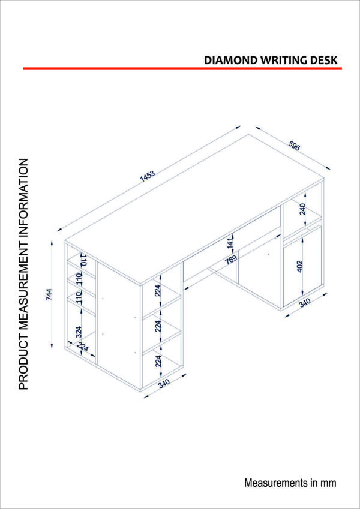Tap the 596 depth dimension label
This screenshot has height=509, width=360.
[293, 146]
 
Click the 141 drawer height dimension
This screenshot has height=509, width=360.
[230, 244]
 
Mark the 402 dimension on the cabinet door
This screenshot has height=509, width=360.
[299, 266]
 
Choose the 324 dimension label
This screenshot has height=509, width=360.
[78, 332]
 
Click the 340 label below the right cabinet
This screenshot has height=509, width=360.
[305, 303]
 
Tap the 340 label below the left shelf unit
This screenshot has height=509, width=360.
[164, 384]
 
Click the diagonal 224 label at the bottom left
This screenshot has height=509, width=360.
[83, 347]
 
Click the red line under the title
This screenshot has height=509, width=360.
[182, 68]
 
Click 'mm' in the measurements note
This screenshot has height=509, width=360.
[330, 483]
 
